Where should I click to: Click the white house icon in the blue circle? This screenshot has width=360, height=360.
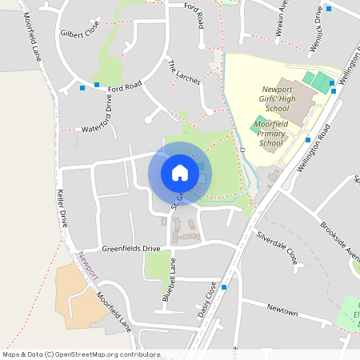(x=180, y=172)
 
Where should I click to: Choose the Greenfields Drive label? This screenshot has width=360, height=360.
(x=130, y=249)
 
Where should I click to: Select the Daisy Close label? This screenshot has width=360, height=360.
(x=207, y=299)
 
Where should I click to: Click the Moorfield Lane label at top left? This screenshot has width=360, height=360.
(x=33, y=38)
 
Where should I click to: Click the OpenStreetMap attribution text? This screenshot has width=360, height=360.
(x=80, y=354)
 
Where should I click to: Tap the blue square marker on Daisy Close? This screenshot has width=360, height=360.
(x=225, y=286)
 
